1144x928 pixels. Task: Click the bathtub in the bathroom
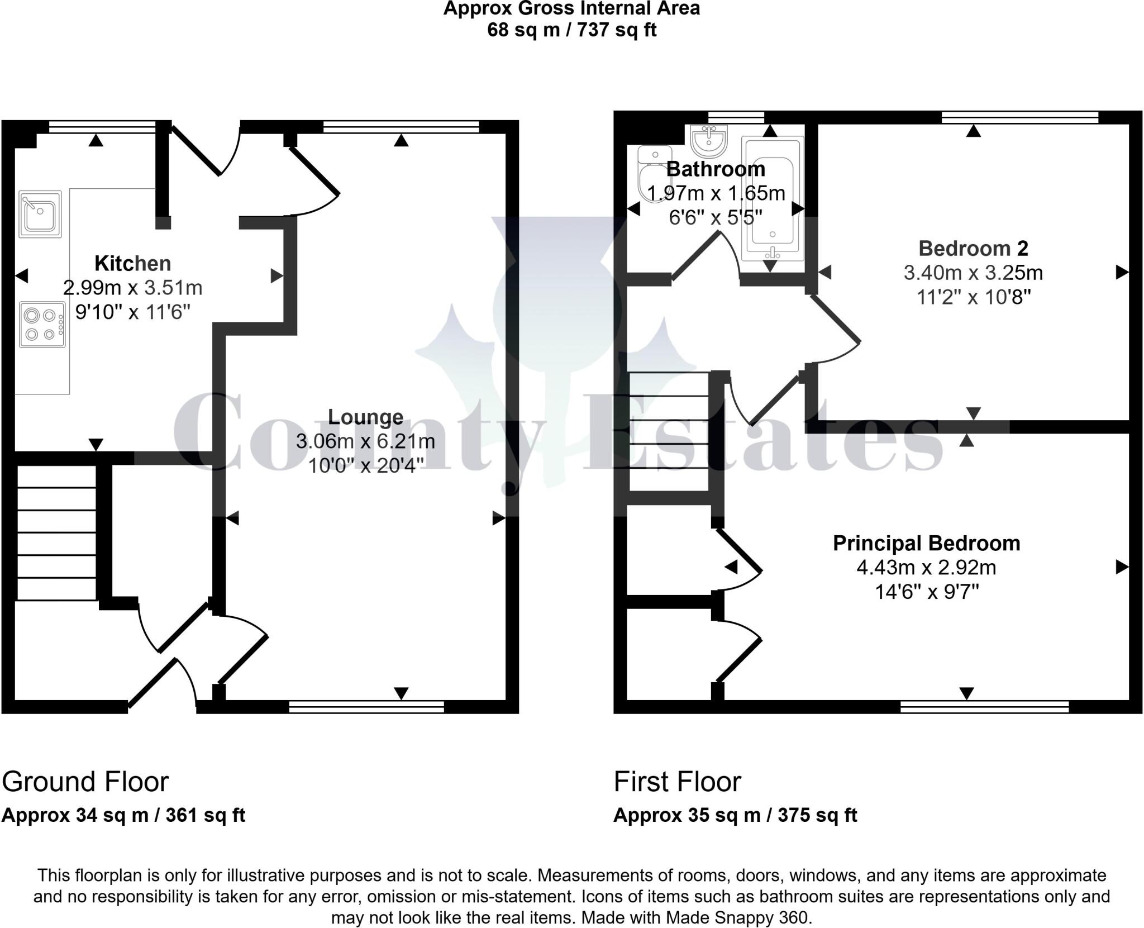[773, 198]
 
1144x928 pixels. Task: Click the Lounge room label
[365, 417]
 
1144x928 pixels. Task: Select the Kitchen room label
[132, 263]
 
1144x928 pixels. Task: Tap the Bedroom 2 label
[973, 248]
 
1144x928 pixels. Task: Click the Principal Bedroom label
[926, 543]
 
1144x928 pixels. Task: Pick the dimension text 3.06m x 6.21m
[365, 441]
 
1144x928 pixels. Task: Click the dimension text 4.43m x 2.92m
[926, 568]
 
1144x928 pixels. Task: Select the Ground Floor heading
[85, 782]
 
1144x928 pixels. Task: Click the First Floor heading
[677, 782]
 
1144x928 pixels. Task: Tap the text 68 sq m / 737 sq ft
[571, 30]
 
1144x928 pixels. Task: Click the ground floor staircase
[56, 534]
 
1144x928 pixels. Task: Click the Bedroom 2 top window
[1019, 117]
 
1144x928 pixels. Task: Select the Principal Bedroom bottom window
[984, 707]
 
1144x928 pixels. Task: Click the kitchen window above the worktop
[102, 127]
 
